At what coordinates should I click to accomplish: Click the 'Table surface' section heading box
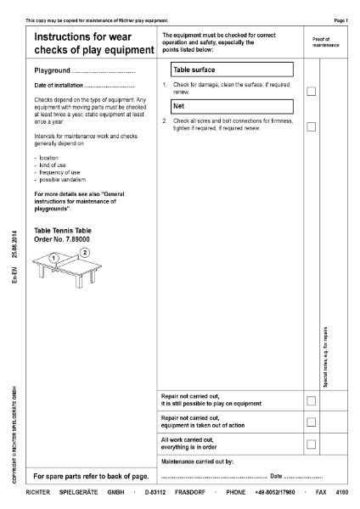pos(229,70)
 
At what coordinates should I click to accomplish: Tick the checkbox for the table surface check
pos(311,91)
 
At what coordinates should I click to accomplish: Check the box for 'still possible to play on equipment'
pos(311,400)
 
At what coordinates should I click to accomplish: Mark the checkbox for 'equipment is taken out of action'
pos(311,422)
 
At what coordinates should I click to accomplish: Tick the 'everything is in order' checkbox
pos(311,444)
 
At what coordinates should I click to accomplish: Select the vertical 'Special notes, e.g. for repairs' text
pos(326,357)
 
